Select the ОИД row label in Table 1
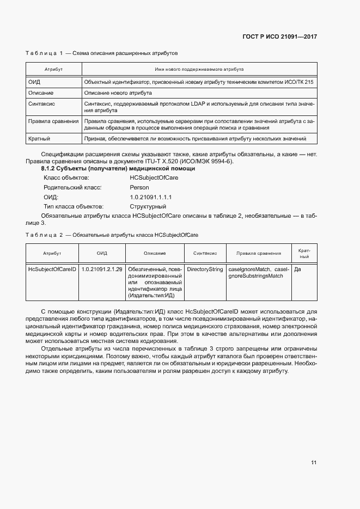point(34,82)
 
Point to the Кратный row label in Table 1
point(39,139)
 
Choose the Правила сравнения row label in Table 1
point(53,121)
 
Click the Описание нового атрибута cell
point(118,93)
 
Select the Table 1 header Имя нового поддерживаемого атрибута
point(199,70)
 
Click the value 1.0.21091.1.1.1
point(151,197)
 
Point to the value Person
point(139,187)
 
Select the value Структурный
point(148,207)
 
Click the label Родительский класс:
point(72,187)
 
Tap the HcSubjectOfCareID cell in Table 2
point(52,269)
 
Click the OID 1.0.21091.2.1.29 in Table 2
point(102,269)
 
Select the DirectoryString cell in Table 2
point(205,269)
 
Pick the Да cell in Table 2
point(297,269)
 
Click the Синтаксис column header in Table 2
point(205,253)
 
